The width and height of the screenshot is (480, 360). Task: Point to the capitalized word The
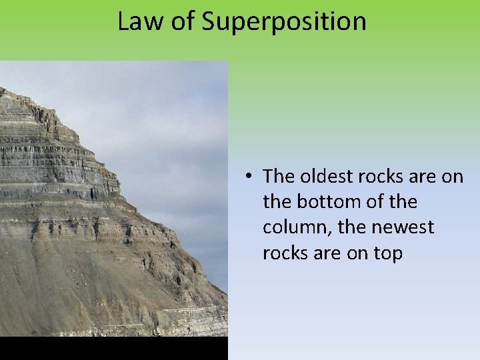(x=279, y=176)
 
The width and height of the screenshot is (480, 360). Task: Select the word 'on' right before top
(x=358, y=253)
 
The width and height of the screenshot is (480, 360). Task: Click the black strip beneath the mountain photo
(x=113, y=348)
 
